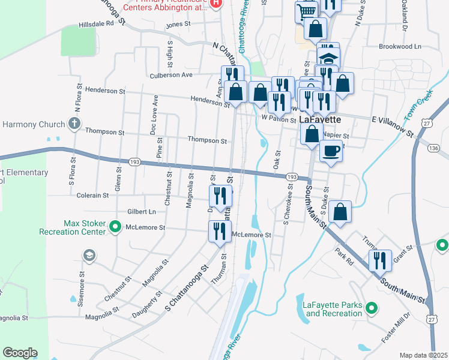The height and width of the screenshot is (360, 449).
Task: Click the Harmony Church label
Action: point(33,125)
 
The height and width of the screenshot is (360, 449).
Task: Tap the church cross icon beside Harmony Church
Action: point(74,124)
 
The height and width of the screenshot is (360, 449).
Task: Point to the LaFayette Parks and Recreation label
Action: point(332,309)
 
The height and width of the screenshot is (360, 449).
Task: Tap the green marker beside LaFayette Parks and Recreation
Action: point(372,309)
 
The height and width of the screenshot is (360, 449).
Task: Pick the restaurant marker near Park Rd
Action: point(380,260)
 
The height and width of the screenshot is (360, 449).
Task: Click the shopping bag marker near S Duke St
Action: point(340,211)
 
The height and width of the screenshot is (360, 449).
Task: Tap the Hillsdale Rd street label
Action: point(96,25)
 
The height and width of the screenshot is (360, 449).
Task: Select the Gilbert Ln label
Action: point(141,211)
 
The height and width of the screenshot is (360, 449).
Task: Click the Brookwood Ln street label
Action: point(400,46)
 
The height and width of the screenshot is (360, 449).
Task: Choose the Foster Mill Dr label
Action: point(396,335)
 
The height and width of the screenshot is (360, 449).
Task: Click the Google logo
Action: point(20,353)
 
